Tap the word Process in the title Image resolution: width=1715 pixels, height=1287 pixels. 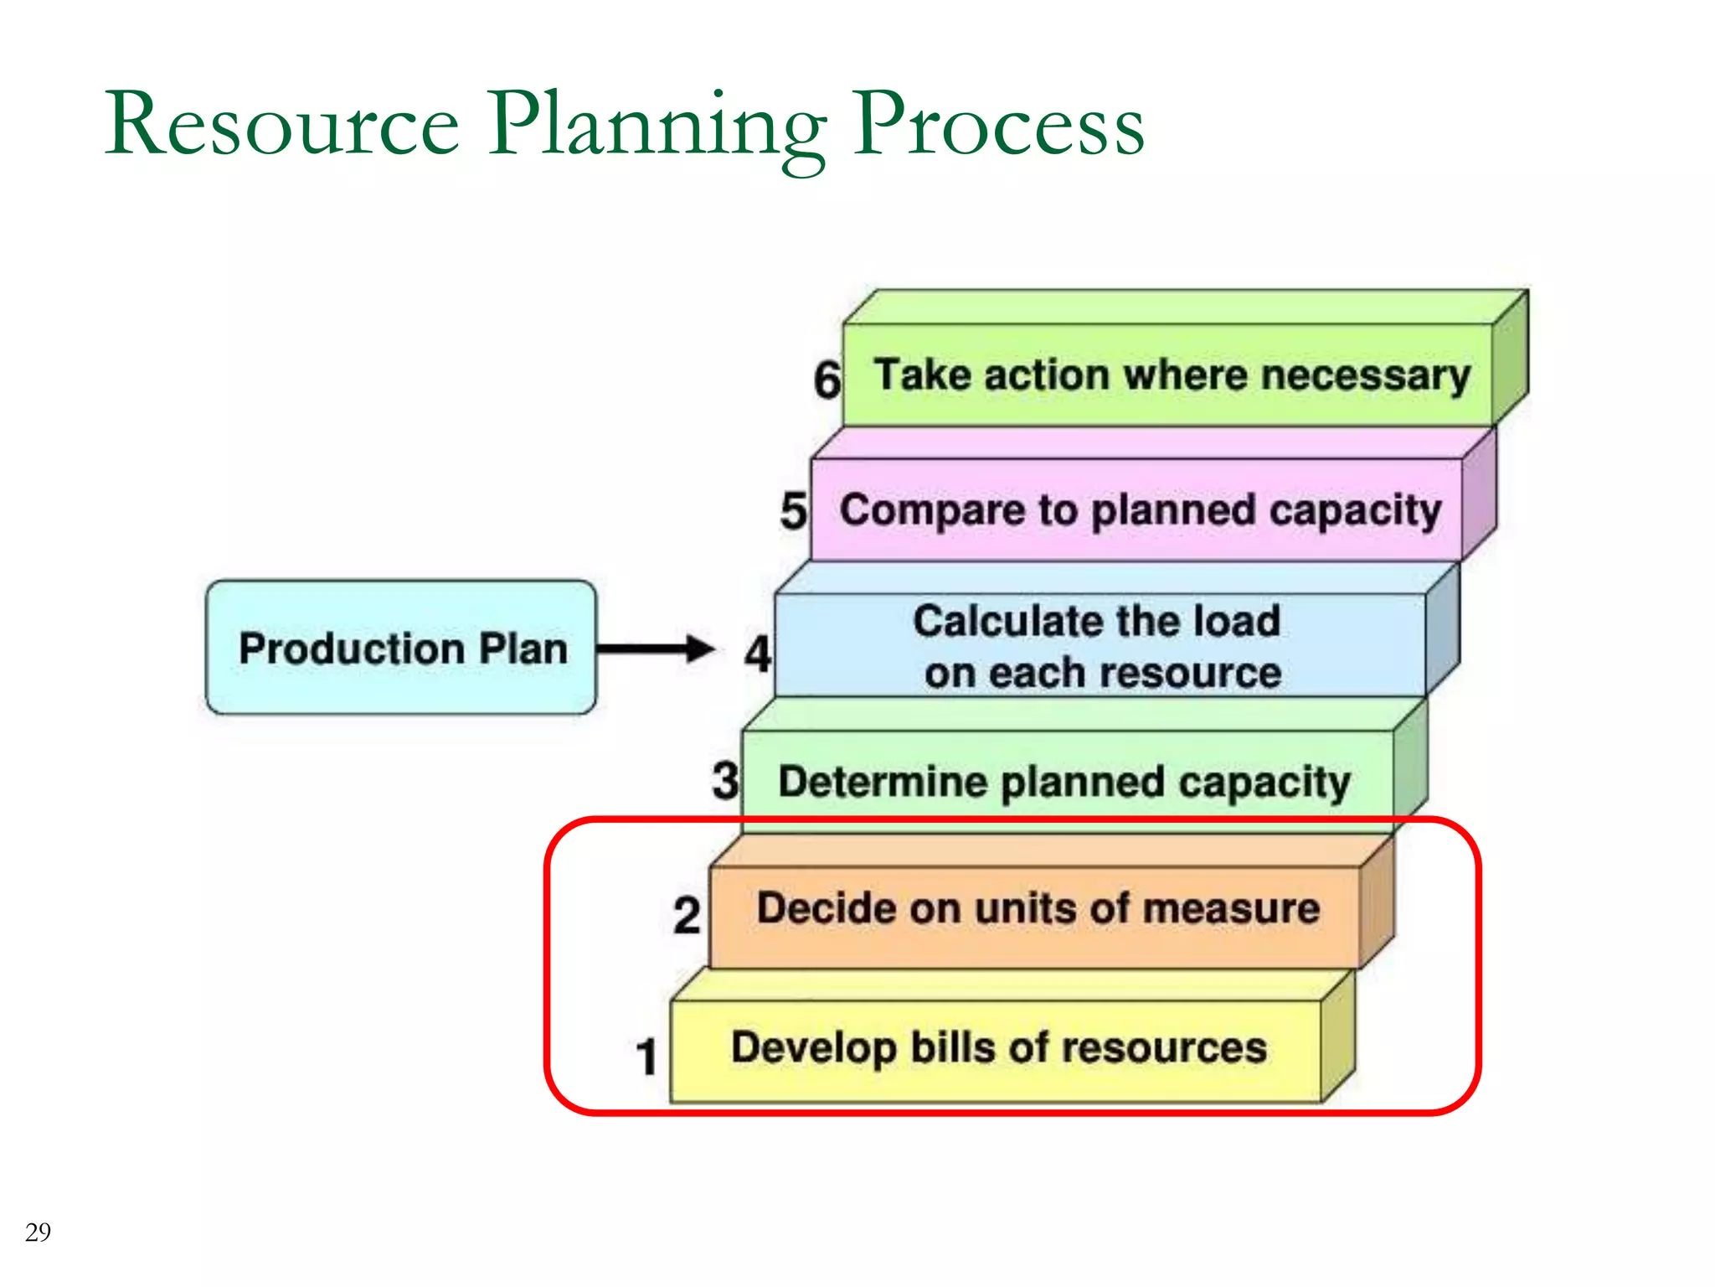click(998, 126)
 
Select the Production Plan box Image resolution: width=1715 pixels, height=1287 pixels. click(402, 648)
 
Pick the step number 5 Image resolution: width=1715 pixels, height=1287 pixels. click(793, 511)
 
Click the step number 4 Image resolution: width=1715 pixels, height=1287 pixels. click(758, 654)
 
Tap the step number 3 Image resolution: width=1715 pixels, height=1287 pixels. click(725, 780)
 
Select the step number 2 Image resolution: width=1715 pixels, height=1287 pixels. click(687, 915)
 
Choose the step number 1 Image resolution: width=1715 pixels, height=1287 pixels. click(646, 1057)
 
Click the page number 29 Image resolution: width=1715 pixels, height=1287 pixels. click(38, 1232)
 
